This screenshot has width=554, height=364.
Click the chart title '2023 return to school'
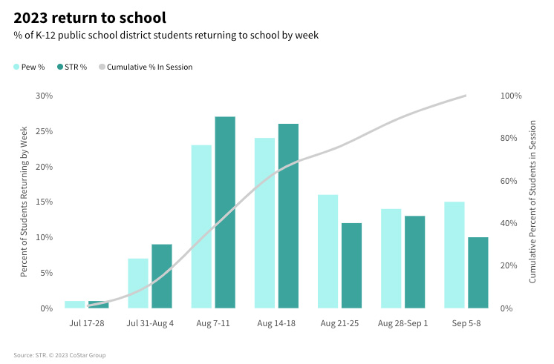[89, 16]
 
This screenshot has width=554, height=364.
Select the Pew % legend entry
[29, 67]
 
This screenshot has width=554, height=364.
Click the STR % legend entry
[71, 67]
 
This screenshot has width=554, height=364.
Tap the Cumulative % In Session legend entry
[145, 67]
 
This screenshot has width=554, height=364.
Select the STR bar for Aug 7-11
[225, 212]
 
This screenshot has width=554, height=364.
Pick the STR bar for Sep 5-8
[478, 272]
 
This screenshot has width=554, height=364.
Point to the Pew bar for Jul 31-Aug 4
[138, 282]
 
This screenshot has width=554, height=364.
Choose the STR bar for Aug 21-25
[351, 265]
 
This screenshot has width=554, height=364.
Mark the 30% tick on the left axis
[45, 96]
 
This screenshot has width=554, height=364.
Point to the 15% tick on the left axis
[45, 202]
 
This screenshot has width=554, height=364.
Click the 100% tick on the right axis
[512, 96]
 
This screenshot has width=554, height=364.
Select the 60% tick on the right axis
[510, 181]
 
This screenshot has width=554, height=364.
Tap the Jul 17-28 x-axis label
[87, 324]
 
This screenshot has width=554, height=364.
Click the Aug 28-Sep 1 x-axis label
[403, 324]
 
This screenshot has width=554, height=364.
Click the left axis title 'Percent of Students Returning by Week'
[24, 202]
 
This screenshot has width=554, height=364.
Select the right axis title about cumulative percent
[532, 202]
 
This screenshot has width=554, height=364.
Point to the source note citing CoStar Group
[59, 355]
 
